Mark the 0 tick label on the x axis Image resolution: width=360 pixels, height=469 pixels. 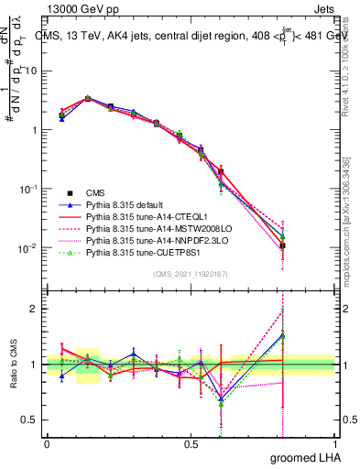click(x=47, y=442)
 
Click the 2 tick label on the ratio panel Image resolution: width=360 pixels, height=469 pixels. click(x=35, y=309)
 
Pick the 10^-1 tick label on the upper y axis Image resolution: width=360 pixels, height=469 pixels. click(x=27, y=189)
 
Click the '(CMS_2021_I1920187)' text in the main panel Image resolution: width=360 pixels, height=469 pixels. click(x=190, y=274)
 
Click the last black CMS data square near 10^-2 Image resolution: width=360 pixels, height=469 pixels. click(x=283, y=245)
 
